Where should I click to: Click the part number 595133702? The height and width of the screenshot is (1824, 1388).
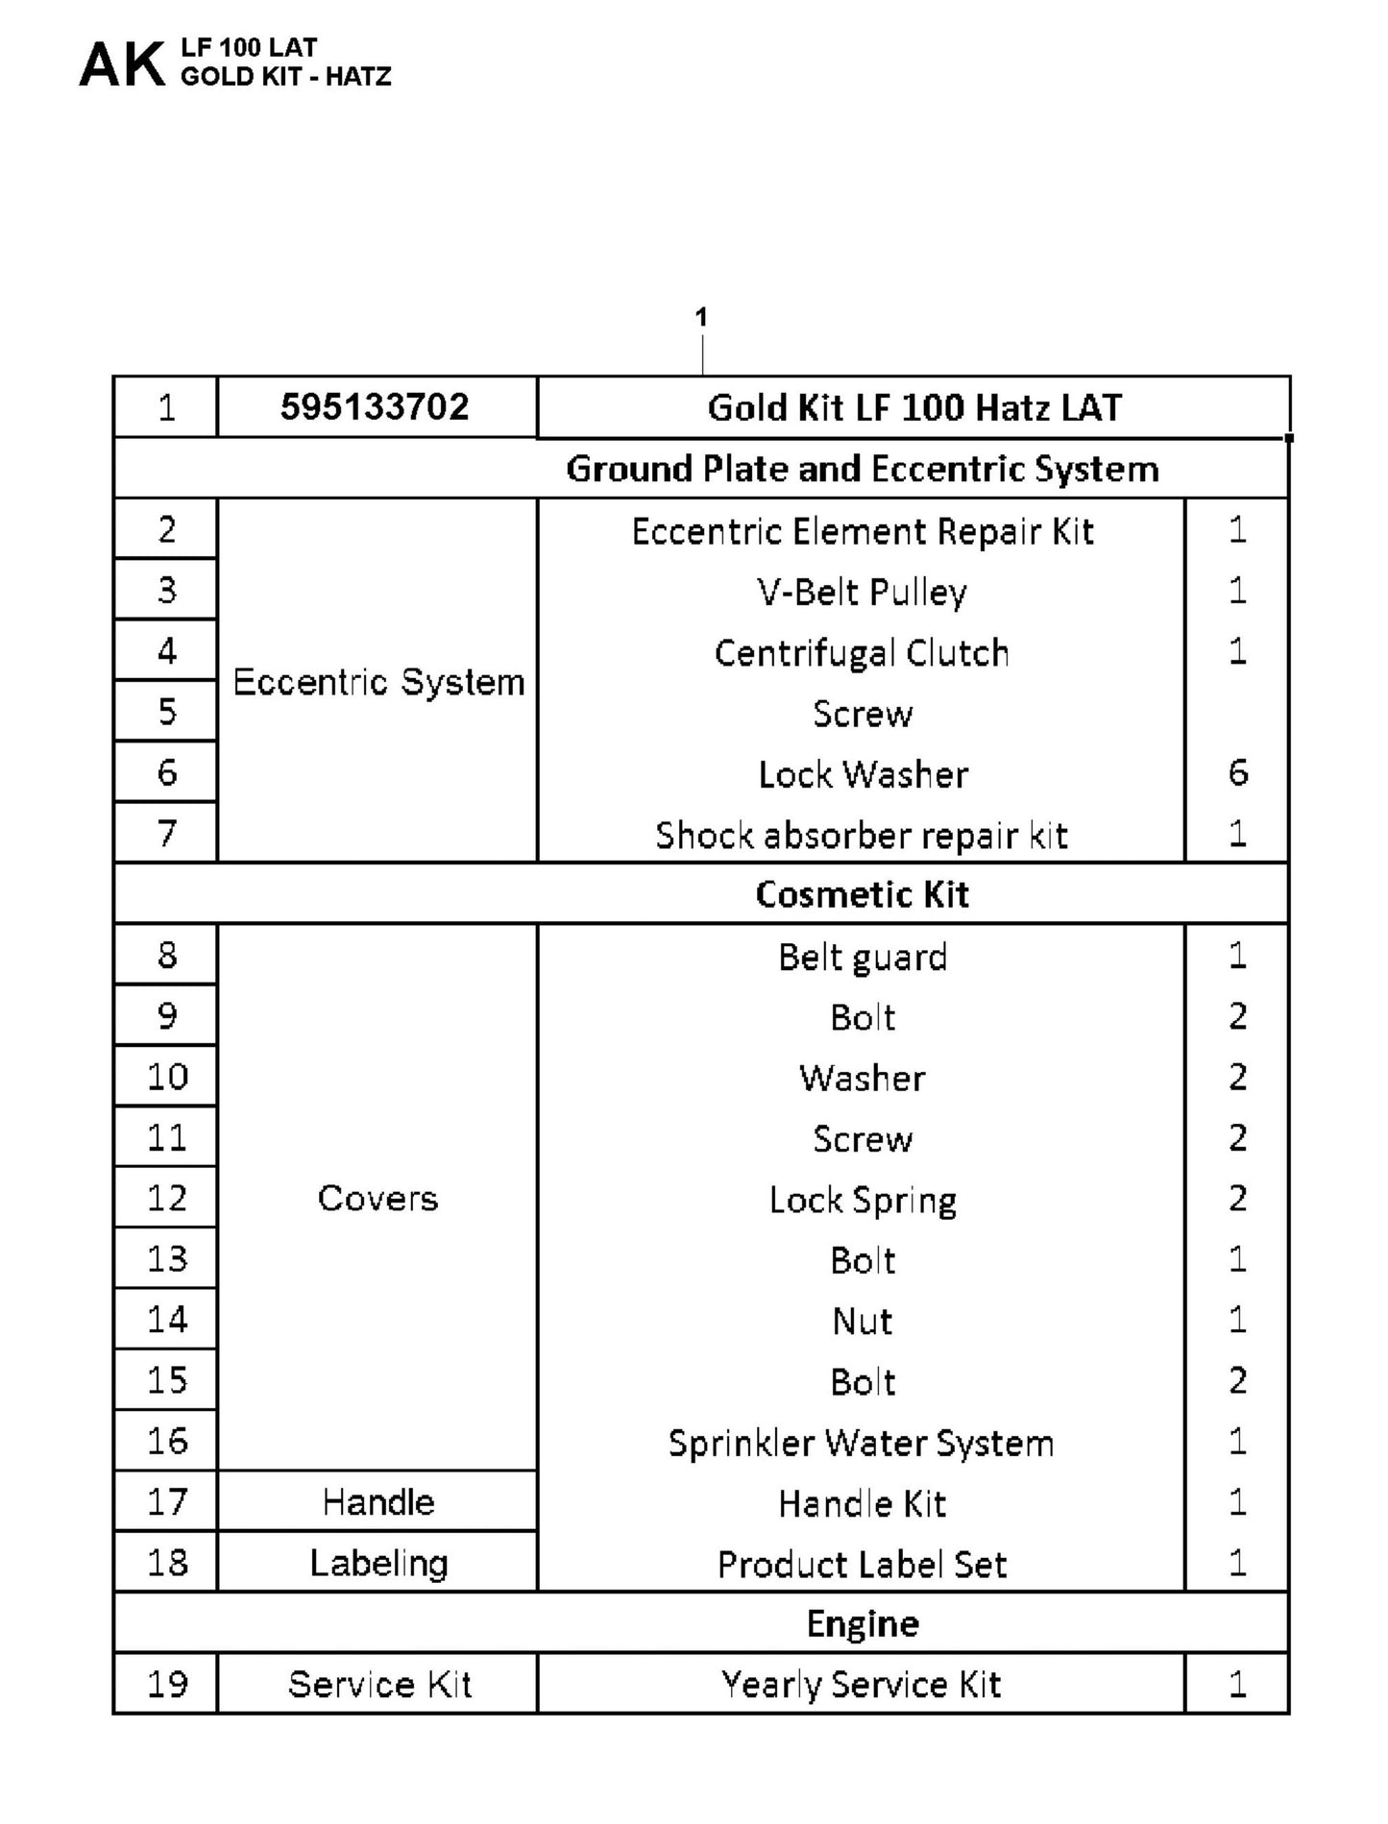(x=375, y=407)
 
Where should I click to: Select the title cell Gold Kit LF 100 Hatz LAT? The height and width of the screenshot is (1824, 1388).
(x=913, y=408)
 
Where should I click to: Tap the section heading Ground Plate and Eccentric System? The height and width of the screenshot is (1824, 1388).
(x=862, y=469)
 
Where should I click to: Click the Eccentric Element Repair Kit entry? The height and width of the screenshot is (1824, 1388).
(x=862, y=531)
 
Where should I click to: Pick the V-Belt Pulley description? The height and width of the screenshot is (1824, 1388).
(x=862, y=592)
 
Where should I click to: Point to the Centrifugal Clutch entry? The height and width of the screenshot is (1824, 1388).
(x=862, y=653)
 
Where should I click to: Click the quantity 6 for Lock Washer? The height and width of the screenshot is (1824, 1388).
(x=1237, y=773)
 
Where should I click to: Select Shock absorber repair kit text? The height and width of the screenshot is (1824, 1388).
(x=862, y=836)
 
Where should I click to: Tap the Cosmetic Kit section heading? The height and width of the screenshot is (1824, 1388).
(x=862, y=894)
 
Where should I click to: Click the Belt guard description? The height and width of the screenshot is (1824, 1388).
(x=862, y=957)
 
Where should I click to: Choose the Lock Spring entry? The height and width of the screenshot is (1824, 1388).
(x=862, y=1200)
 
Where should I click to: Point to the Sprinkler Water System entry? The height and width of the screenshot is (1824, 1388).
(x=862, y=1443)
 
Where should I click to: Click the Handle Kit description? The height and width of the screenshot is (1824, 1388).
(x=862, y=1503)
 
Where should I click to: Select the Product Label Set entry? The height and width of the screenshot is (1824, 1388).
(x=862, y=1565)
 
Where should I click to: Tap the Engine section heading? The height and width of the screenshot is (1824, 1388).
(x=862, y=1623)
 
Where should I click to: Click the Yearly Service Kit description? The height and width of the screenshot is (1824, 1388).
(x=862, y=1684)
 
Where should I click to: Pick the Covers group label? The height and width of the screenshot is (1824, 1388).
(x=377, y=1199)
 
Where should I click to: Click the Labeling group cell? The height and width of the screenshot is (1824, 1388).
(x=378, y=1564)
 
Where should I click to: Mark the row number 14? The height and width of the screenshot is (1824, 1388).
(x=167, y=1320)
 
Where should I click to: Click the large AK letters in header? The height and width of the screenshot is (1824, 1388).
(x=122, y=65)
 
